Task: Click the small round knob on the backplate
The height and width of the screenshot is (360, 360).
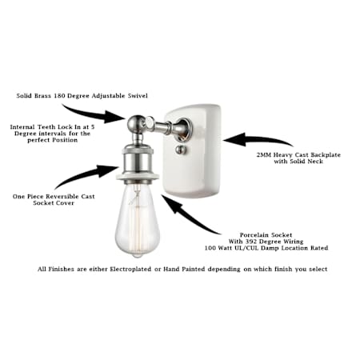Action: click(x=179, y=150)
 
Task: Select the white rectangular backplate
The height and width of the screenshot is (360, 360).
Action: click(x=193, y=150)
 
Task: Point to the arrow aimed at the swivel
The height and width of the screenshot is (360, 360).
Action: click(x=94, y=114)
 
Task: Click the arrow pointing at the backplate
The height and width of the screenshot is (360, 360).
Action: click(x=256, y=140)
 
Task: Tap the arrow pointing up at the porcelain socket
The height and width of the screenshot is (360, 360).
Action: click(x=186, y=214)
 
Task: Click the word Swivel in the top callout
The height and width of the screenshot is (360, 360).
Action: click(x=138, y=96)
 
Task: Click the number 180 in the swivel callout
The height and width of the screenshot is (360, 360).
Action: click(x=59, y=96)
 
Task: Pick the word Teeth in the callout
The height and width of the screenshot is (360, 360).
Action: click(x=46, y=127)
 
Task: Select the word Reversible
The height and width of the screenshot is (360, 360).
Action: click(x=62, y=197)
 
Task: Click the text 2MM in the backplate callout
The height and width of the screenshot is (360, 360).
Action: click(x=264, y=155)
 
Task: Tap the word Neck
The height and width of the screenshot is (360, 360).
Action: click(x=315, y=162)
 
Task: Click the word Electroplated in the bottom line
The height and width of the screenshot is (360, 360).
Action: click(x=130, y=270)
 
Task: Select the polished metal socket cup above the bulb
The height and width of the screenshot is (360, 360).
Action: click(x=138, y=163)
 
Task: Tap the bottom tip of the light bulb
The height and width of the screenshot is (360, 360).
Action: click(x=137, y=257)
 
